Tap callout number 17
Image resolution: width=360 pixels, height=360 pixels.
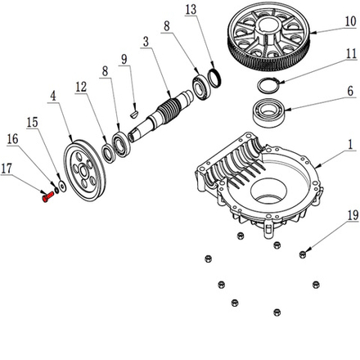click(7, 169)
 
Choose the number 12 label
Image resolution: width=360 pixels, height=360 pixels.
click(80, 86)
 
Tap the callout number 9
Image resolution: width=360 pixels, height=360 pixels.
click(124, 59)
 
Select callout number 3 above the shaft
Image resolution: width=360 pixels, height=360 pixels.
click(145, 40)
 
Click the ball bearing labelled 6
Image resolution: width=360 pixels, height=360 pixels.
click(267, 110)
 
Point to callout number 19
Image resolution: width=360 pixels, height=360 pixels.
click(350, 216)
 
